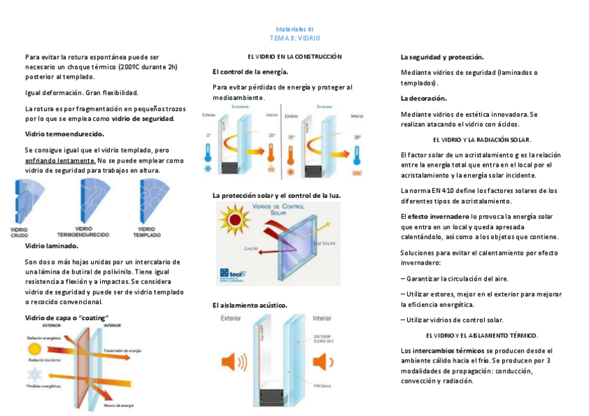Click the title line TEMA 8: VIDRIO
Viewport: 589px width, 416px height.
(294, 38)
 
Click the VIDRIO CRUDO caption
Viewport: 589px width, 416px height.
(19, 231)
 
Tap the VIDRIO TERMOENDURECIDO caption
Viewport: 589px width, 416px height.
(84, 231)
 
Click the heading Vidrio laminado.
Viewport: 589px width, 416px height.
(51, 245)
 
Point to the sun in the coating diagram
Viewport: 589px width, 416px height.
(35, 347)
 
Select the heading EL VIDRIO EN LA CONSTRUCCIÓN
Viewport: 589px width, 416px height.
(295, 56)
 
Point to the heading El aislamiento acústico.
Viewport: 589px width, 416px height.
(249, 305)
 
